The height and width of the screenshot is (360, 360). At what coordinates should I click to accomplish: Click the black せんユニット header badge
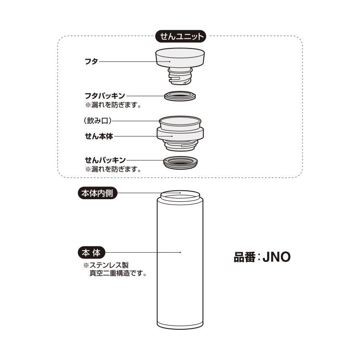(180, 36)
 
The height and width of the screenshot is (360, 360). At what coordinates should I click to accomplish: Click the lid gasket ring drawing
(180, 96)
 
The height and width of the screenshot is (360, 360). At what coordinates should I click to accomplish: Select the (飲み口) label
(98, 120)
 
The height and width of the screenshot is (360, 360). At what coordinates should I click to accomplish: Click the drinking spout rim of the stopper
(180, 121)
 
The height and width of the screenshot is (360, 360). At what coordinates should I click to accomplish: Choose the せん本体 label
(99, 136)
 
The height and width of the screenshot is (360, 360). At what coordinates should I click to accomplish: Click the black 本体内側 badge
(98, 193)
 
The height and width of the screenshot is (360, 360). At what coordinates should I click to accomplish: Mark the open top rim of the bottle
(180, 195)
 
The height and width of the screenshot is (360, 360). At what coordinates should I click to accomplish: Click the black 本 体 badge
(91, 253)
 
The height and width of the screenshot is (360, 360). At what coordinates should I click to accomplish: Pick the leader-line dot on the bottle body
(180, 253)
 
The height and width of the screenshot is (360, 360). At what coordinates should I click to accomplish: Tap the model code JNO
(277, 257)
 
